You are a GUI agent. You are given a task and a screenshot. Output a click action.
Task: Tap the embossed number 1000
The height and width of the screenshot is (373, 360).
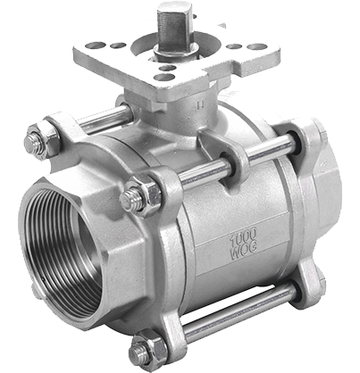coord(243,236)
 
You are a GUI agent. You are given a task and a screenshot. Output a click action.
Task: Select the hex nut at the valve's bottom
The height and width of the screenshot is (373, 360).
coord(148,351)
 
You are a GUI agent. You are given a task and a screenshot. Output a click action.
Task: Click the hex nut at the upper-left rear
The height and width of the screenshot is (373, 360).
coord(43,140)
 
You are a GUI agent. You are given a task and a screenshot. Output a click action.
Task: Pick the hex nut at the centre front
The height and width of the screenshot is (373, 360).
coord(141,195)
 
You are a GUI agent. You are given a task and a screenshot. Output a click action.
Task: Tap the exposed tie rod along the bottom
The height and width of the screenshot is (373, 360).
coord(239,310)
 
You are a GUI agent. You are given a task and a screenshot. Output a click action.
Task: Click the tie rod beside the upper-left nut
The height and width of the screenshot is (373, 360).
coord(103,119)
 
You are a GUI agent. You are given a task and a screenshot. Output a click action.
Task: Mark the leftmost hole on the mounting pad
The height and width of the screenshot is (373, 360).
coord(96,46)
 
